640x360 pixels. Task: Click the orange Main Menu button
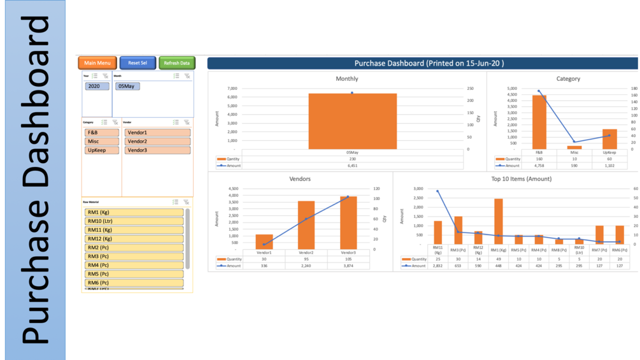click(97, 63)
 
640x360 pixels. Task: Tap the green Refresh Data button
click(176, 63)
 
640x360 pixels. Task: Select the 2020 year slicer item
click(97, 86)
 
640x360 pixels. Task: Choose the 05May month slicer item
click(127, 86)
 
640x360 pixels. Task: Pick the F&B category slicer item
click(101, 133)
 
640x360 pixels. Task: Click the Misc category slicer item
click(101, 141)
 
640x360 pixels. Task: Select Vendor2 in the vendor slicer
click(157, 141)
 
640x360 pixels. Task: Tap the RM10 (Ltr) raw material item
click(134, 221)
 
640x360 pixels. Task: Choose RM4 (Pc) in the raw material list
click(134, 265)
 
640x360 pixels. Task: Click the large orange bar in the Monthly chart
click(352, 121)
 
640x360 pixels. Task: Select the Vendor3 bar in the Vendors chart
click(348, 223)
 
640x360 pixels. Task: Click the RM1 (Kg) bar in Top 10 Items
click(498, 221)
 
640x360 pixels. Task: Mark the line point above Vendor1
click(264, 245)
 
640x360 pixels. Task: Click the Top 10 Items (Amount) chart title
click(521, 179)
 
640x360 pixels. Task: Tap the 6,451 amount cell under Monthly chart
click(352, 166)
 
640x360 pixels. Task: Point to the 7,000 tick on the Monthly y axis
click(232, 89)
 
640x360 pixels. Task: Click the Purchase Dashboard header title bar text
click(429, 63)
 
